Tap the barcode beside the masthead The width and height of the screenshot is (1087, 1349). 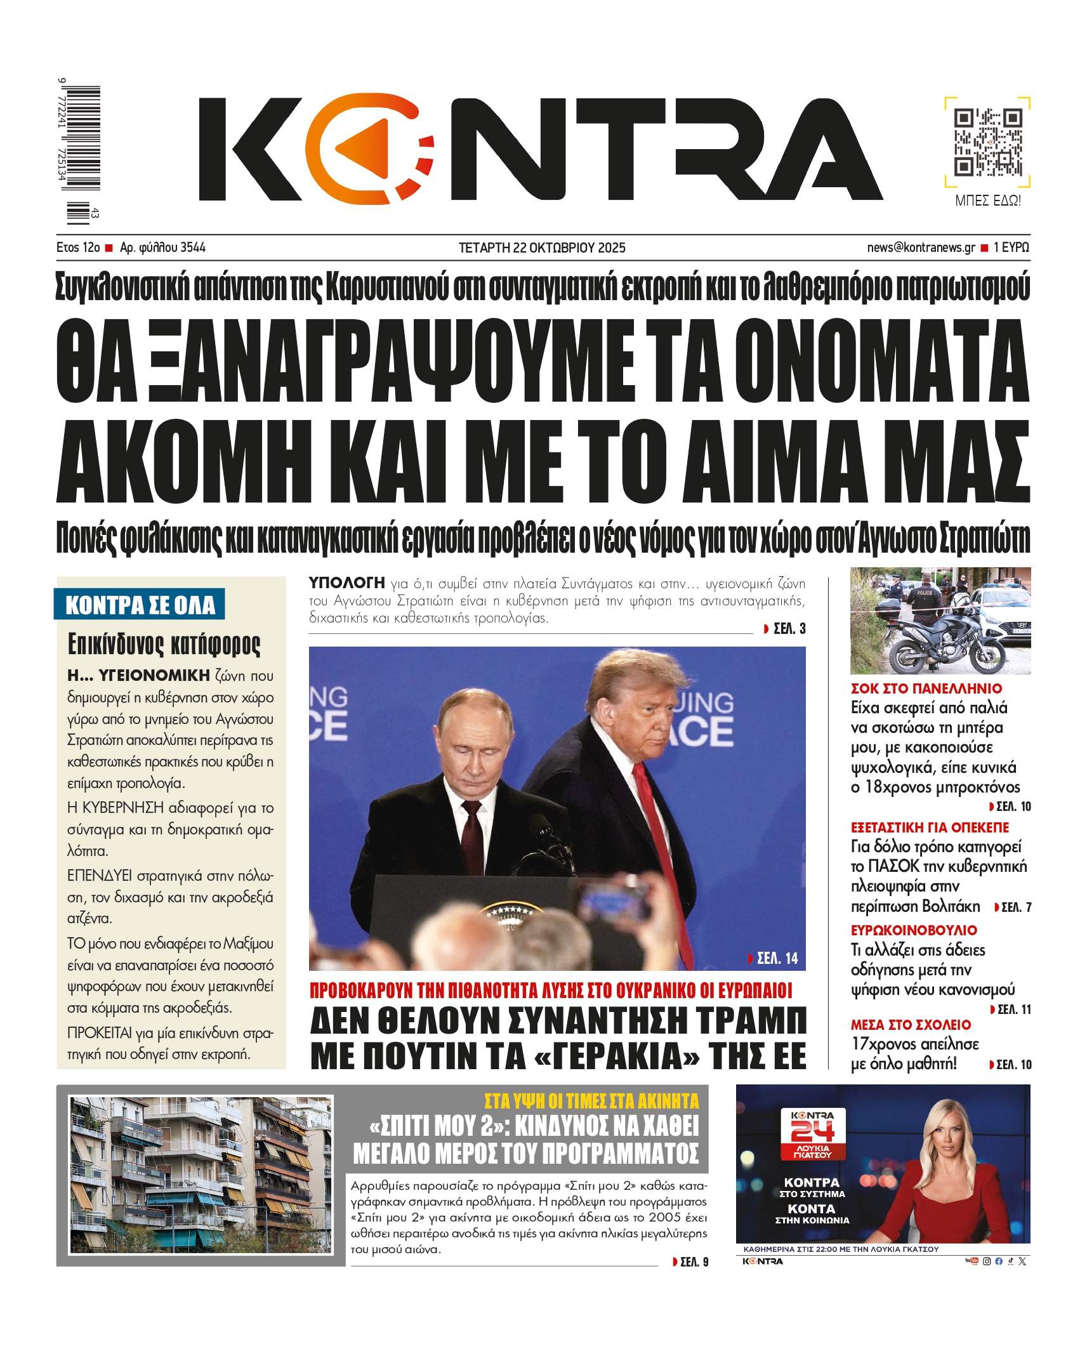pos(83,138)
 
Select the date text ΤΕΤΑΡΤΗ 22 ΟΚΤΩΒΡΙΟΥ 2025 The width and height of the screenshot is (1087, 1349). pos(542,248)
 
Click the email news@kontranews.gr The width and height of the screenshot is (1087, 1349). pos(921,247)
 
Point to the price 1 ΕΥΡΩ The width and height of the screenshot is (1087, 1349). pos(1011,247)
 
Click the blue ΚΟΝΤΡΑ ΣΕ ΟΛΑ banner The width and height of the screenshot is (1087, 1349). pos(140,605)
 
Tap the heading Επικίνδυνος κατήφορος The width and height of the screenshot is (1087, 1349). pos(164,644)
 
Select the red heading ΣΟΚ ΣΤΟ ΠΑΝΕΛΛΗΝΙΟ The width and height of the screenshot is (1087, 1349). pos(926,688)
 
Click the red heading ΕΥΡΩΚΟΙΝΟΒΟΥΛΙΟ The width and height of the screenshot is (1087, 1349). pos(913,931)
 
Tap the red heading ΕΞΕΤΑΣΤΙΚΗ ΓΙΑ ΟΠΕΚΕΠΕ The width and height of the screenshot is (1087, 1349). pos(929,827)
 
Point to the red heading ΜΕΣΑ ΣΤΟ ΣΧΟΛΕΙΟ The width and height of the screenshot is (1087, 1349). pos(911,1025)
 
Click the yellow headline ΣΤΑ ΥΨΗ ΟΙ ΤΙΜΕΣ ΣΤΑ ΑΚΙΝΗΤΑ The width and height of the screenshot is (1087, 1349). pos(591,1101)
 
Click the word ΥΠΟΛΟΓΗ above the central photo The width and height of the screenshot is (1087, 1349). pos(346,582)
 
